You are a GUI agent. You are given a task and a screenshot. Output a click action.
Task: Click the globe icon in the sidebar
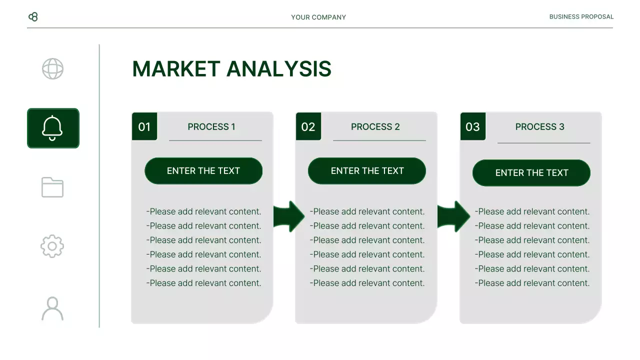point(52,69)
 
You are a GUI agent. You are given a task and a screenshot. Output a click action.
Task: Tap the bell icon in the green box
point(52,128)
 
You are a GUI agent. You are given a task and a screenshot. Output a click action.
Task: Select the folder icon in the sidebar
point(52,187)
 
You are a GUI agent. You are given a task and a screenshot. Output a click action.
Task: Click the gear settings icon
point(52,246)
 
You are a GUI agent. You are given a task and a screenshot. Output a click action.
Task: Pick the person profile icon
point(52,308)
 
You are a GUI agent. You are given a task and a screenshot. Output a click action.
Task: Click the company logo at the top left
point(33,17)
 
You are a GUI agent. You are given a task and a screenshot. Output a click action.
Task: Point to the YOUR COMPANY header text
point(318,17)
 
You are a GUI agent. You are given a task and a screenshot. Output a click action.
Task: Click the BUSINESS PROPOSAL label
point(581,16)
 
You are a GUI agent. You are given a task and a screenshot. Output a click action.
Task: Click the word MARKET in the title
point(176,69)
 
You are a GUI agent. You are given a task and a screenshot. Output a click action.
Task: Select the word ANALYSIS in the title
point(279,69)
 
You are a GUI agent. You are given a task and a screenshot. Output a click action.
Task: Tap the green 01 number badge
point(144,126)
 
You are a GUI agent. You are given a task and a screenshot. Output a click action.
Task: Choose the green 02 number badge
point(308,126)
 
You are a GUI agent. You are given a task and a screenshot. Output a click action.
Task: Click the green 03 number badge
point(472,126)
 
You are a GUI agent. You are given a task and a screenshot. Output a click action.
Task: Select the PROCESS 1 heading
point(211,126)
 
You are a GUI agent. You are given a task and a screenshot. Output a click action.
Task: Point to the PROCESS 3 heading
point(539,126)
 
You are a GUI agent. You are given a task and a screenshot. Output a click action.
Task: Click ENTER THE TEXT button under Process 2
point(367,171)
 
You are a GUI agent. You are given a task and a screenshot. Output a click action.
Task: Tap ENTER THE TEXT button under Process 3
point(531,173)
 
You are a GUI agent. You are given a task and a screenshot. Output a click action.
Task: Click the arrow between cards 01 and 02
point(289,216)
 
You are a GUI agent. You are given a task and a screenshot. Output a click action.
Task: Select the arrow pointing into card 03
point(453,216)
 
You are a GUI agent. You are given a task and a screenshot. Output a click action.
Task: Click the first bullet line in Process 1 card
point(203,211)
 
